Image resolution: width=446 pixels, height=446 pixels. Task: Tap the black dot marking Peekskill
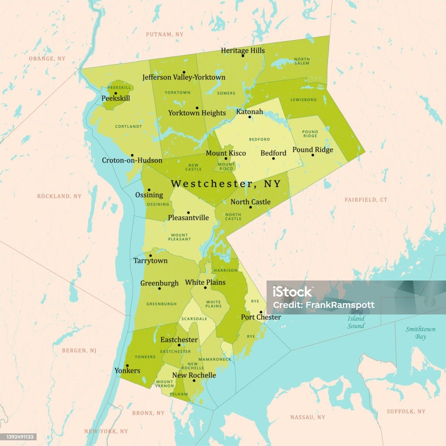[115, 93]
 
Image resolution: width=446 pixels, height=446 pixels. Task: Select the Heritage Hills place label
[243, 51]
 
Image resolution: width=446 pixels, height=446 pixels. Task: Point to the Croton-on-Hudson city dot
[132, 155]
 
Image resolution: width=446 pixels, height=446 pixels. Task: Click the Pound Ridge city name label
[312, 150]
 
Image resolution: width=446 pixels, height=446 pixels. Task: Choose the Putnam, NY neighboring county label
[165, 34]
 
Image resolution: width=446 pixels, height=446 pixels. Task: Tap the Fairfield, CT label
[366, 200]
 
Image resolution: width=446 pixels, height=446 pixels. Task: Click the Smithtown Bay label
[420, 333]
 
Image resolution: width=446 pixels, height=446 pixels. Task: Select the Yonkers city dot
[127, 366]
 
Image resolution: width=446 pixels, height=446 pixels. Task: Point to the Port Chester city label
[261, 318]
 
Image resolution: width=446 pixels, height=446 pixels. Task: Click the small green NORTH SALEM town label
[302, 61]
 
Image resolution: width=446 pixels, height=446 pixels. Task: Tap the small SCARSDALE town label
[194, 319]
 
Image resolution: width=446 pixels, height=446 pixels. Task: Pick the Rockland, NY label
[59, 196]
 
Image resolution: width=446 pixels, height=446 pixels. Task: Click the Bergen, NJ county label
[79, 350]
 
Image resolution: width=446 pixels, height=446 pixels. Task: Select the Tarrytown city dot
[151, 256]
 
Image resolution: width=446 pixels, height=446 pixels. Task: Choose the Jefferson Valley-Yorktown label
[184, 78]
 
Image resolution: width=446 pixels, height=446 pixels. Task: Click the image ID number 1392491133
[18, 437]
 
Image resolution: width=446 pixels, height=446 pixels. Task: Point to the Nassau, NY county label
[307, 417]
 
